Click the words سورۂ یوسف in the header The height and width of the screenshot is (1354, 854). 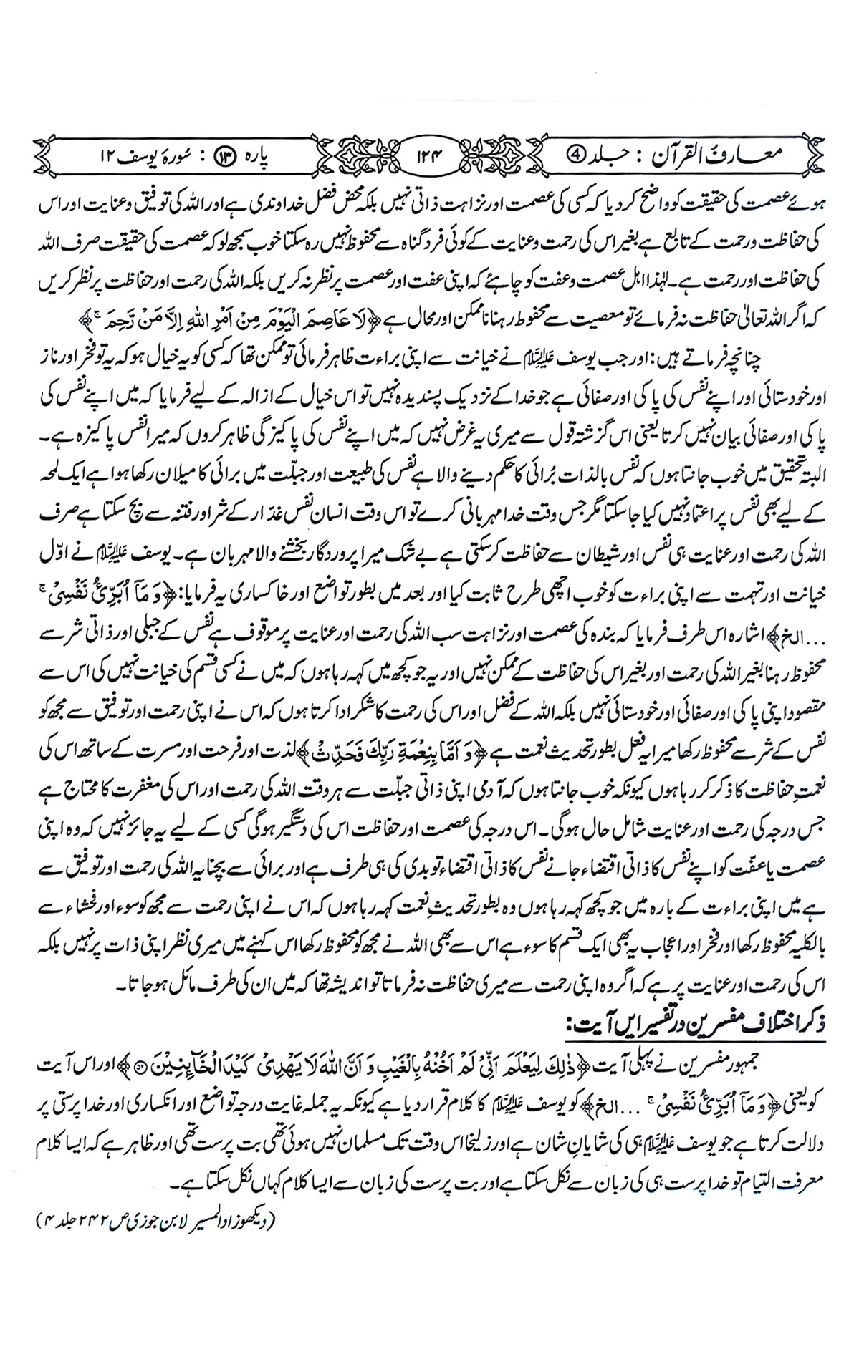coord(144,154)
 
